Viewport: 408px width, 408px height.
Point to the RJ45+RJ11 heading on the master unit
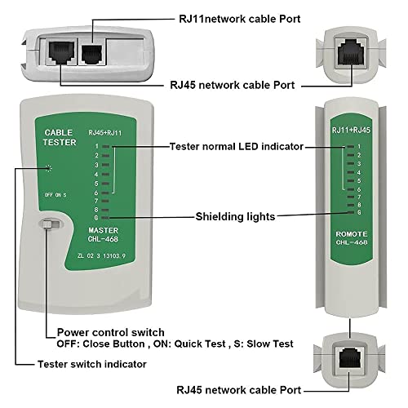coord(106,132)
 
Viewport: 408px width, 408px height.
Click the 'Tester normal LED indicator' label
coord(236,146)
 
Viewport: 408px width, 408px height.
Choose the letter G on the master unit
coord(97,218)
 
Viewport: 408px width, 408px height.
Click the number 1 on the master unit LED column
coord(97,146)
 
